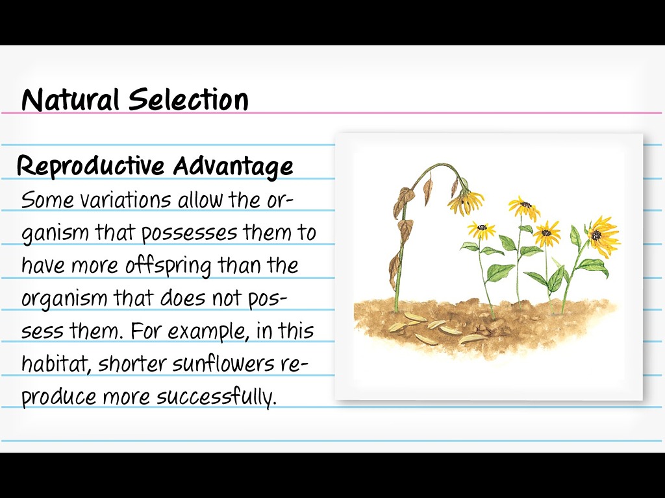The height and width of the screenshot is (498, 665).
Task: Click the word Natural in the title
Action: click(x=71, y=101)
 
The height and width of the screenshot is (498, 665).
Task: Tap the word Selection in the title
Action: click(x=188, y=101)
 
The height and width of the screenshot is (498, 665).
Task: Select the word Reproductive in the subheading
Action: click(x=90, y=167)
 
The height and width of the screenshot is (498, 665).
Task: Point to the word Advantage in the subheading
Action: click(x=233, y=167)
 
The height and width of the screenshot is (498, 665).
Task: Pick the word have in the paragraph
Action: click(x=41, y=265)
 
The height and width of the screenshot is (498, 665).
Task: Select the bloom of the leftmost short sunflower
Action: click(x=481, y=228)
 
